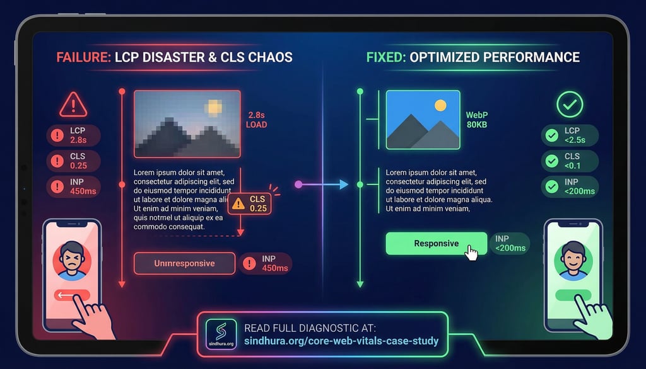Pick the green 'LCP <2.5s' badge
point(570,135)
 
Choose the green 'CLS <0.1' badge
point(570,161)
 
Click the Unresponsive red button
point(184,263)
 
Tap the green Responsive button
point(436,244)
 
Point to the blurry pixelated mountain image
point(187,123)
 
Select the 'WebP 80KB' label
point(478,120)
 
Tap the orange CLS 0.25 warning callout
point(250,203)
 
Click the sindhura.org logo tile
point(221,334)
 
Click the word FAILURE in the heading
point(83,57)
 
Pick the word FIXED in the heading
point(385,57)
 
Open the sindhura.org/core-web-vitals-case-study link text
point(341,341)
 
